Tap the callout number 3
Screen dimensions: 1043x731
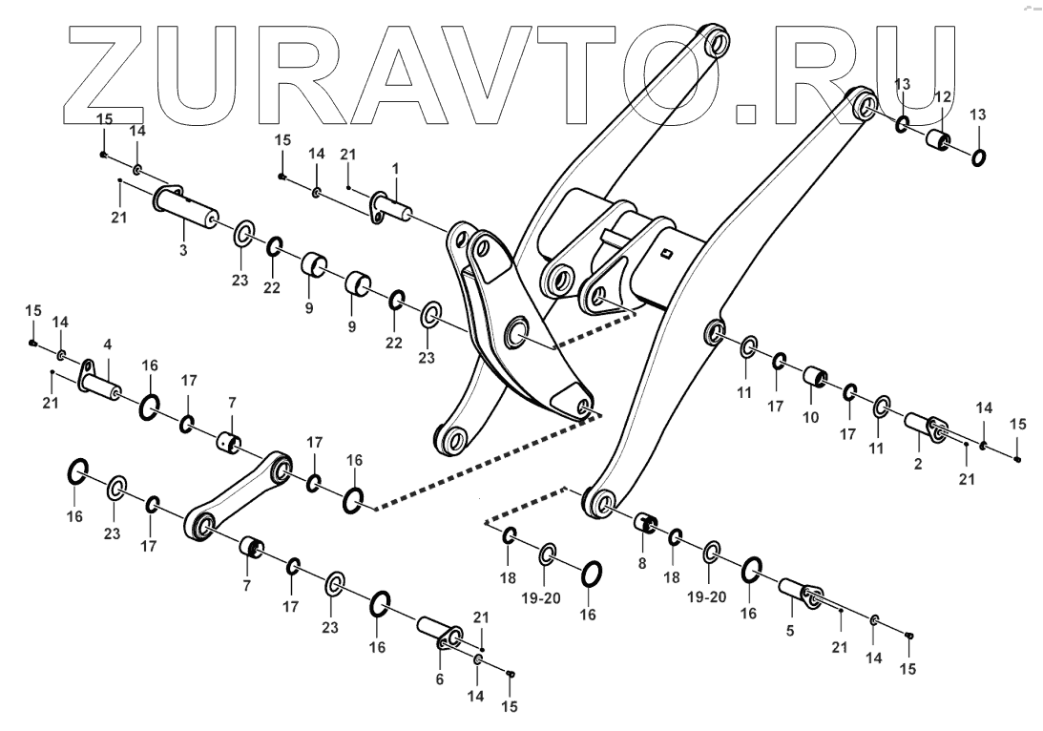click(x=184, y=250)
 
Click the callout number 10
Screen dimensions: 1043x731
click(x=812, y=417)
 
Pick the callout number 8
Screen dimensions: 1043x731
click(x=642, y=563)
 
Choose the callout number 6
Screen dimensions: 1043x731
click(x=439, y=679)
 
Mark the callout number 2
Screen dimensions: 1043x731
click(x=917, y=465)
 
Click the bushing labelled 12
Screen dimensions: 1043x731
click(x=939, y=141)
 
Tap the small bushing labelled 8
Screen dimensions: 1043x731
click(x=647, y=524)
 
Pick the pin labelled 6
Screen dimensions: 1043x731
click(x=439, y=633)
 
